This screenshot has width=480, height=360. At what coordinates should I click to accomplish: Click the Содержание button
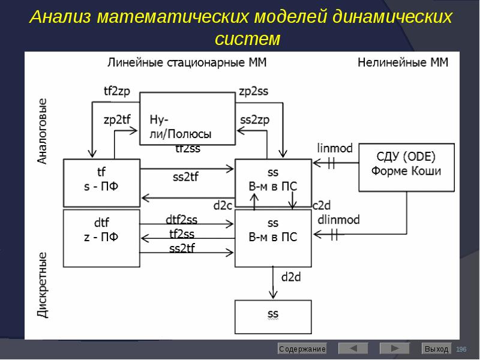pos(302,349)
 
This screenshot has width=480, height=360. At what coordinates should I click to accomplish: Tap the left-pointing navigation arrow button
pos(353,349)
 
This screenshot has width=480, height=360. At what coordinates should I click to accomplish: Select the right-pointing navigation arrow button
pos(394,349)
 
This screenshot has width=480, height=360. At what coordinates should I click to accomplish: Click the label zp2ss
pos(253,91)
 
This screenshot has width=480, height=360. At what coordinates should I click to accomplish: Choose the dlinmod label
pos(339,220)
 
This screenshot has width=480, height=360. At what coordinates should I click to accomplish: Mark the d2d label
pos(291,277)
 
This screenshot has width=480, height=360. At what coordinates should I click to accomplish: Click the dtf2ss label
pos(181,220)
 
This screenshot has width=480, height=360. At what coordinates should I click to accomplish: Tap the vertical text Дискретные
pos(43,285)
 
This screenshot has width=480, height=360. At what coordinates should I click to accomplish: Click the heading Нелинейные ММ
pos(403,62)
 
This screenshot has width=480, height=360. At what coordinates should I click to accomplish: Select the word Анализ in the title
pos(59,17)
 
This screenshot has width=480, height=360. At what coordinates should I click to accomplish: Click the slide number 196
pos(461,349)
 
